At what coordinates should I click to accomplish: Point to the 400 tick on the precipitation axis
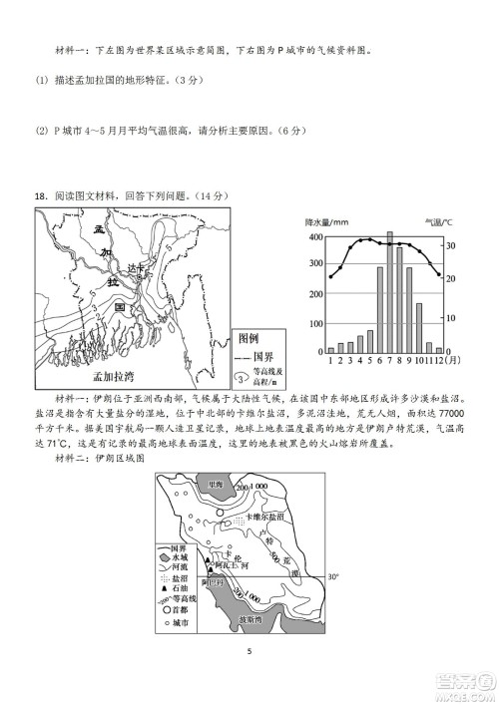pos(317,237)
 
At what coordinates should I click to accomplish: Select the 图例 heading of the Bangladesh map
pos(245,337)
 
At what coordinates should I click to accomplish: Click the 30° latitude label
pos(333,575)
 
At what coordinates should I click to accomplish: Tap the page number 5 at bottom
pos(249,653)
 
